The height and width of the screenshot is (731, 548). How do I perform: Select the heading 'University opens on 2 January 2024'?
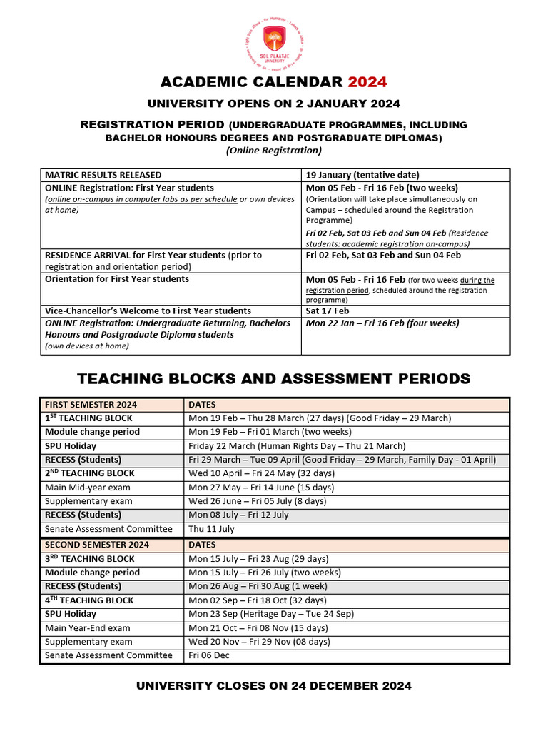[274, 104]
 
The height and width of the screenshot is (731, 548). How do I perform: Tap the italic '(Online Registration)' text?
[274, 150]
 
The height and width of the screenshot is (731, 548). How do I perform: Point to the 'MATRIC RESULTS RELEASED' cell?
[103, 175]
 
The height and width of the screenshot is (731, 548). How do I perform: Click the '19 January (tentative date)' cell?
[362, 175]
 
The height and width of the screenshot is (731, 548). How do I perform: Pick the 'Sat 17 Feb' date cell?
[328, 311]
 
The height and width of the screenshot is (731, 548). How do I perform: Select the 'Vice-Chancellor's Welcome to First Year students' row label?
[148, 311]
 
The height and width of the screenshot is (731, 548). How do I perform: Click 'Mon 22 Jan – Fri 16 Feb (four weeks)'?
[382, 323]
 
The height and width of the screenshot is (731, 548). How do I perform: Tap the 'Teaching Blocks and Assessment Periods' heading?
[274, 378]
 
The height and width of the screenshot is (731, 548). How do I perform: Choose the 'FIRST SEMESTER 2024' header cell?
[91, 405]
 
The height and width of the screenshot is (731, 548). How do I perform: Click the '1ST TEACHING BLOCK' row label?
[88, 418]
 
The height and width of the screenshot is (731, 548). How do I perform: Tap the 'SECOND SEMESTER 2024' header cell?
[97, 545]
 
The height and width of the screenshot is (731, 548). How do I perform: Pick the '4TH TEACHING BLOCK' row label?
[89, 600]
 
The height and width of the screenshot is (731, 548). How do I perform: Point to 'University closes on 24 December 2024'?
[274, 686]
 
